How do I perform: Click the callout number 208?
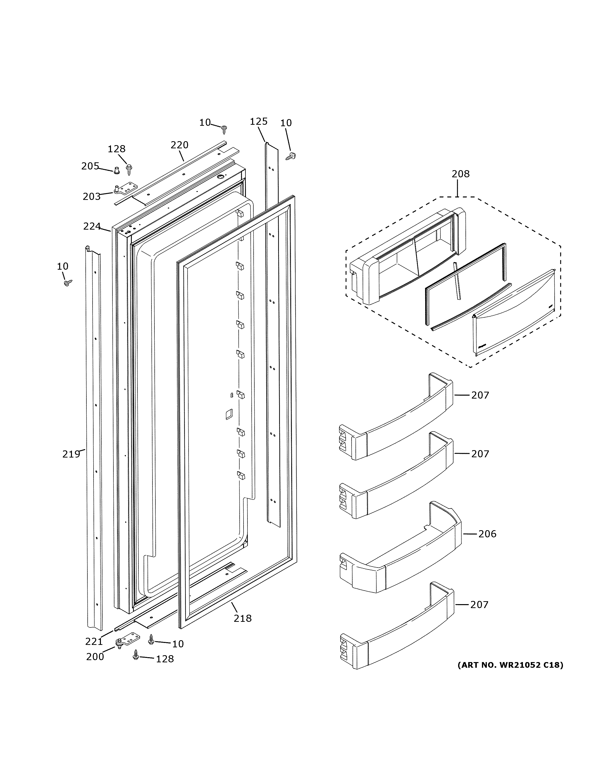coord(460,174)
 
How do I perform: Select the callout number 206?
coord(487,544)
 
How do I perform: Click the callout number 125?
coord(259,122)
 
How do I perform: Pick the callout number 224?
coord(92,226)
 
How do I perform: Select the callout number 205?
coord(90,166)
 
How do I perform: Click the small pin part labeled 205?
coord(116,171)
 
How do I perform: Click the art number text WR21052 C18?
coord(510,665)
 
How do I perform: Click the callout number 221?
coord(94,641)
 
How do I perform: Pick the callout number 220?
coord(179,145)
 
